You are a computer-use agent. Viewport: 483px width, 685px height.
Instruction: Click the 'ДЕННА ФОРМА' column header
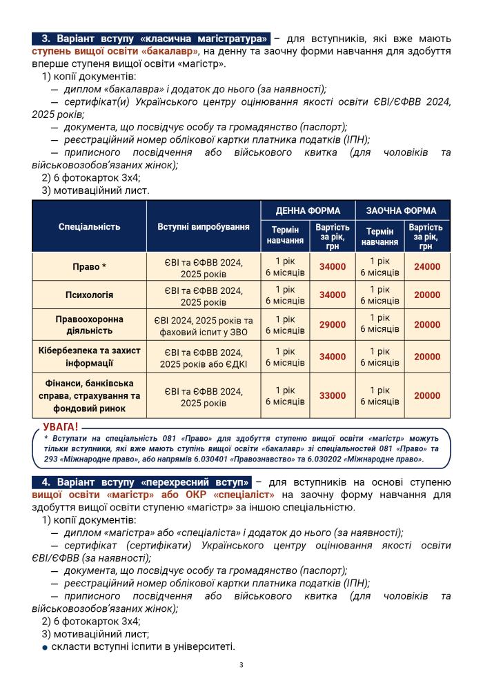[x=307, y=210]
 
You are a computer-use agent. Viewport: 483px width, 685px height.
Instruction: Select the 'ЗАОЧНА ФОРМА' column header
[x=402, y=210]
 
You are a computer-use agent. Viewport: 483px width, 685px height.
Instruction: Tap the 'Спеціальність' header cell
[x=89, y=226]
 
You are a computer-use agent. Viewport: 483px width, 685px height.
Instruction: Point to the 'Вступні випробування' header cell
[x=204, y=226]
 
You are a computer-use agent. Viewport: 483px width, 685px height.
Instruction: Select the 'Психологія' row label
[x=89, y=295]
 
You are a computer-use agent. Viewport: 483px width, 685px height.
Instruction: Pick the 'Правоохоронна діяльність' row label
[x=89, y=325]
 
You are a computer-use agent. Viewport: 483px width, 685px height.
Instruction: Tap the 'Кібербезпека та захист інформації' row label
[x=89, y=357]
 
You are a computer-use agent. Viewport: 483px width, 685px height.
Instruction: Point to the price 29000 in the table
[x=332, y=325]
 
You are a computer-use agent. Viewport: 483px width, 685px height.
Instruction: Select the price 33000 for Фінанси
[x=332, y=396]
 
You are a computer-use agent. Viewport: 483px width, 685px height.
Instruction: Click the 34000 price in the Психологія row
[x=332, y=295]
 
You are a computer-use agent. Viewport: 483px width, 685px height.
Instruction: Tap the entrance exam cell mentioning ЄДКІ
[x=204, y=357]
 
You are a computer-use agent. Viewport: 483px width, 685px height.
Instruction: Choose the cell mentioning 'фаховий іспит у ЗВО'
[x=204, y=325]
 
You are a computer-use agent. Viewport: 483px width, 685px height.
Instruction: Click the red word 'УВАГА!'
[x=61, y=428]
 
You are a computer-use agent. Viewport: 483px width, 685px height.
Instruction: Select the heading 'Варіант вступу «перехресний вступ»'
[x=143, y=482]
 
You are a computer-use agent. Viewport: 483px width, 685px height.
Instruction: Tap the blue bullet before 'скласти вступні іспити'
[x=45, y=647]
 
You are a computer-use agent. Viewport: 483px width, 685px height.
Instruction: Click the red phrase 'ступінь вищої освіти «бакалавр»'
[x=115, y=51]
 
